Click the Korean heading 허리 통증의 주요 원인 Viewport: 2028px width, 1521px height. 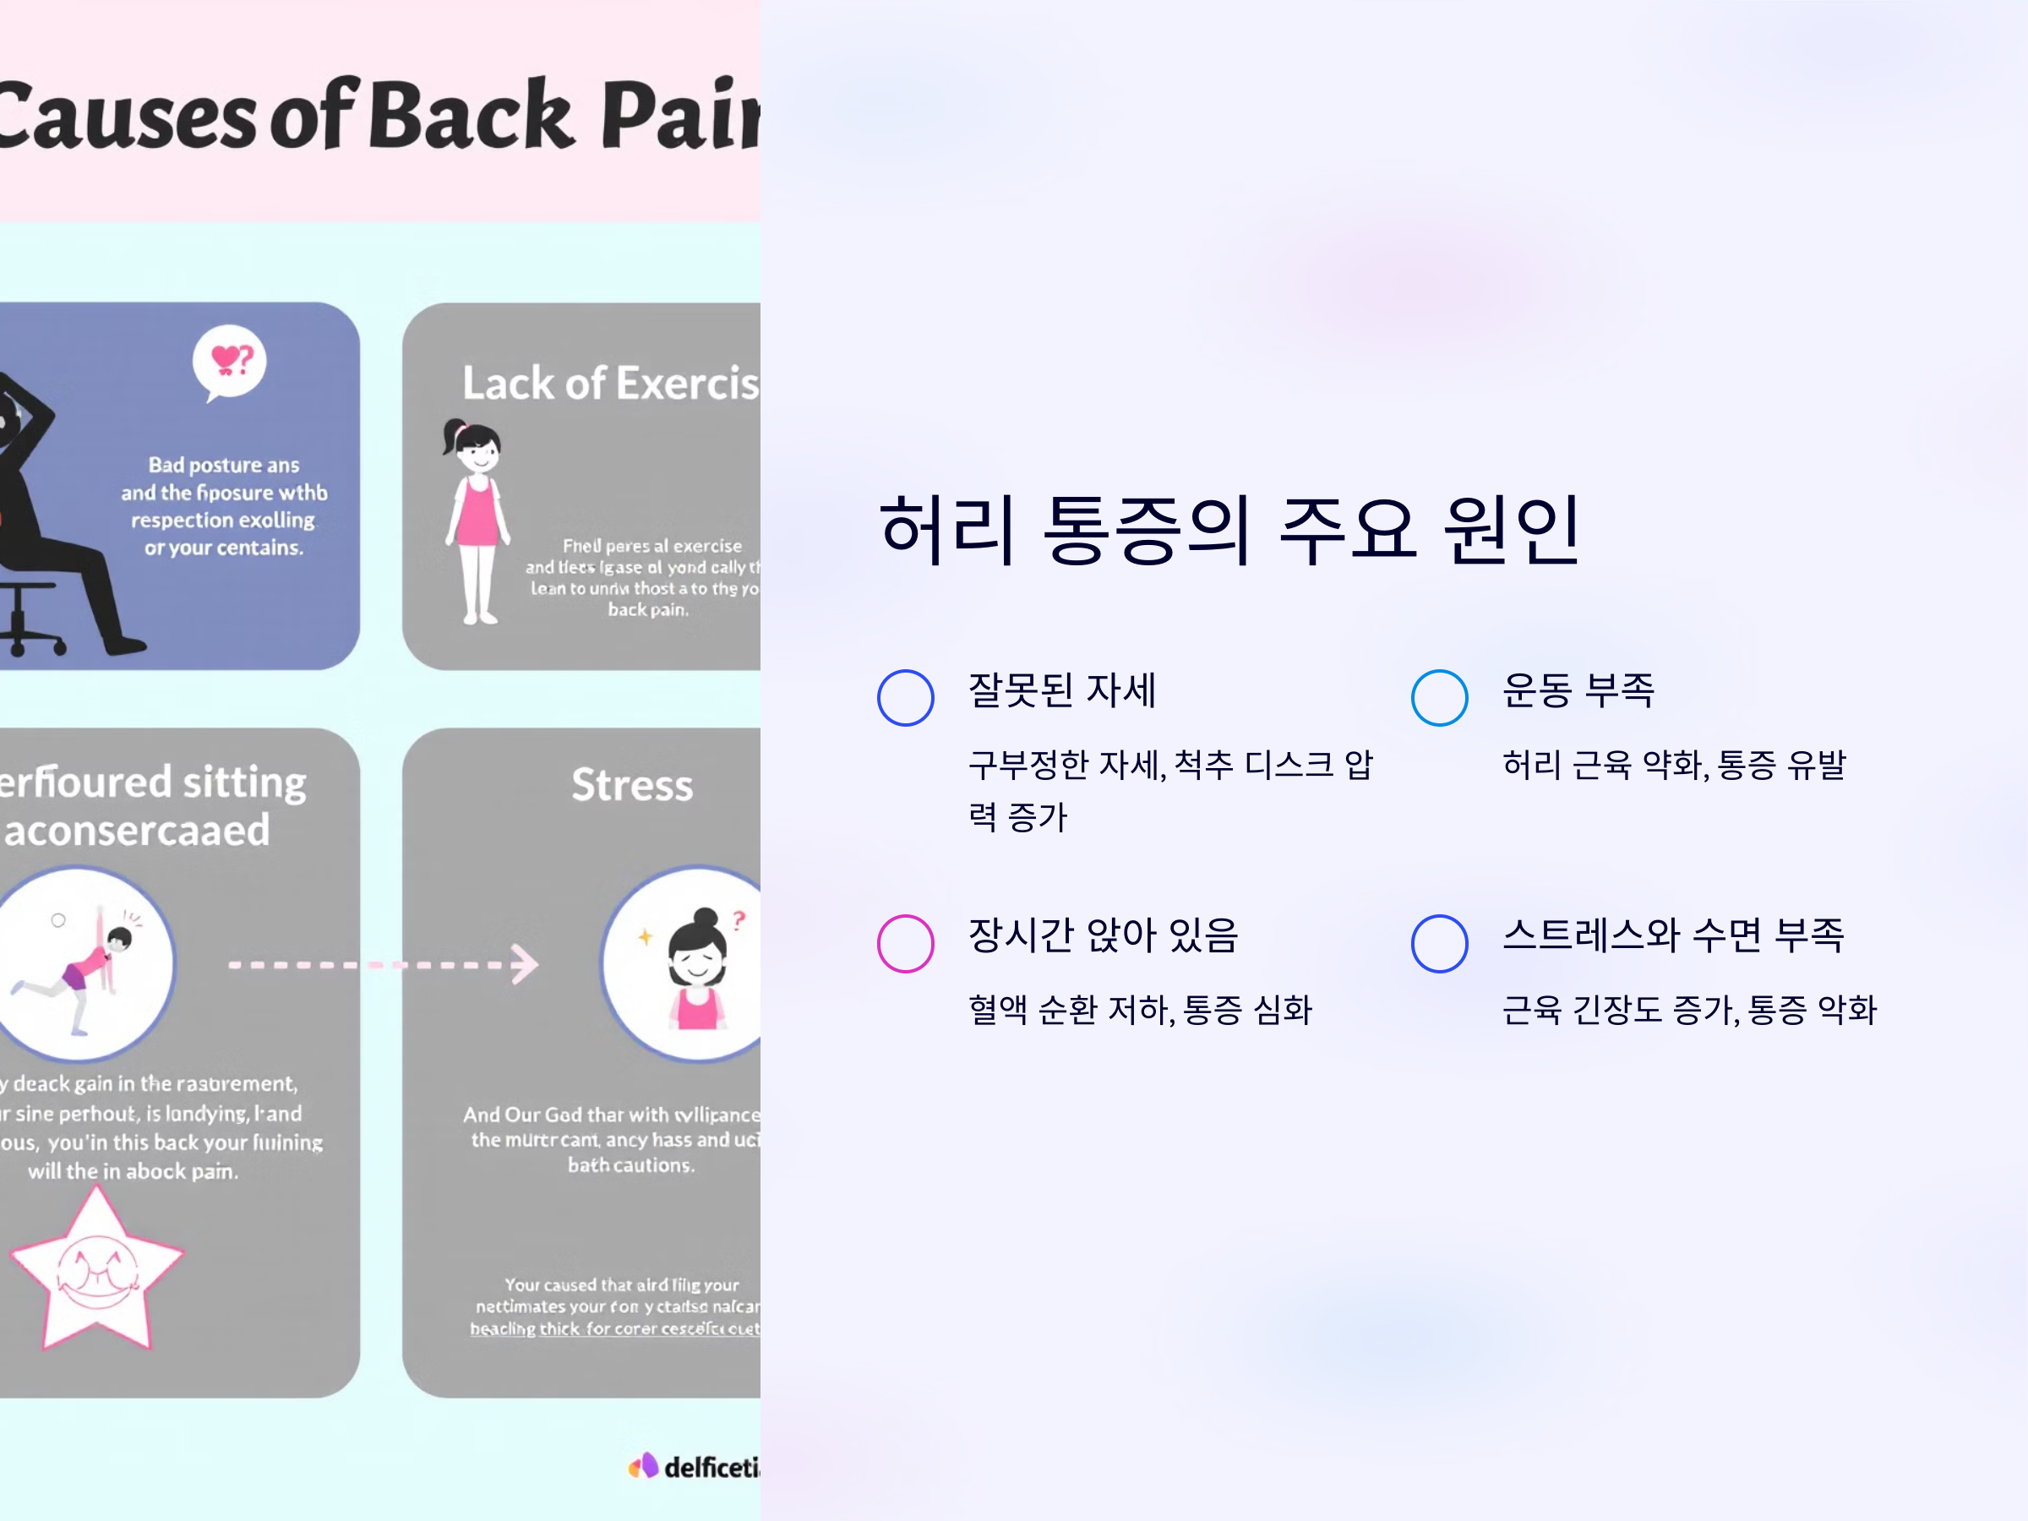click(1229, 529)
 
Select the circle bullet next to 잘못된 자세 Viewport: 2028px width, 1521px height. click(905, 698)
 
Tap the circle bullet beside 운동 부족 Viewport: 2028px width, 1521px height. click(1438, 698)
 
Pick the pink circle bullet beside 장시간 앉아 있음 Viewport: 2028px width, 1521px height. click(905, 942)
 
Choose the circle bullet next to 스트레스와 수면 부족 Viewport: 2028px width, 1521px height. click(1438, 942)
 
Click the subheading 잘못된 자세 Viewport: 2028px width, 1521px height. click(1061, 690)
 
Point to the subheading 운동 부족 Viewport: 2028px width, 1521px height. click(1578, 690)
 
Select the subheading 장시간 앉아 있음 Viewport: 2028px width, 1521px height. click(1103, 935)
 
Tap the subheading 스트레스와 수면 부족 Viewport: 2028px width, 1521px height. click(1672, 935)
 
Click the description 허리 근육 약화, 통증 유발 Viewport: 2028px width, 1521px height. click(1673, 765)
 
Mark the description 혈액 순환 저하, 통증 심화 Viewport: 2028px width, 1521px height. click(1140, 1010)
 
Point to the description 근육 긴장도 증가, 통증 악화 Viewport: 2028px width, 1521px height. click(1689, 1010)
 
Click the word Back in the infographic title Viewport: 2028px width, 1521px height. click(474, 117)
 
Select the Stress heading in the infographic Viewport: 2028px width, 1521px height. click(632, 785)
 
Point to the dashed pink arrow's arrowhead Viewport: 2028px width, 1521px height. click(525, 963)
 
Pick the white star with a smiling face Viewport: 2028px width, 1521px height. click(97, 1270)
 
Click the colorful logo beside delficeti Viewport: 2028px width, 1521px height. click(644, 1466)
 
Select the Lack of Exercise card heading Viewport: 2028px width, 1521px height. click(611, 384)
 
